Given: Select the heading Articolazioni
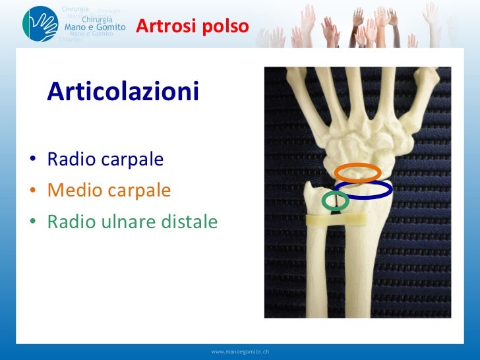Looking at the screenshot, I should (123, 92).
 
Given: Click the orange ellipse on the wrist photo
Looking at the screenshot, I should (357, 172).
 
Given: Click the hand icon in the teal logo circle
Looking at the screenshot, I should (40, 24).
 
